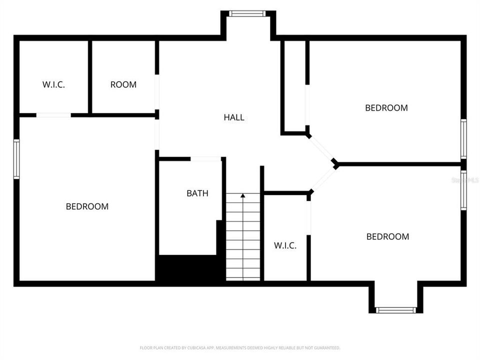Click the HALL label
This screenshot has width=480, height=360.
(234, 117)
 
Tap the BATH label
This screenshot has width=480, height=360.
(197, 193)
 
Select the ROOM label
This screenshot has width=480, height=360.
(123, 84)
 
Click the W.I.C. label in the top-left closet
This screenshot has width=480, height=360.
(53, 84)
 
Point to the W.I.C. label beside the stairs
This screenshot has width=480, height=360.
(285, 245)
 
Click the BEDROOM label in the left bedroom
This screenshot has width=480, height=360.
(87, 206)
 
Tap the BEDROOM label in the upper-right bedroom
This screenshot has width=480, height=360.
(386, 107)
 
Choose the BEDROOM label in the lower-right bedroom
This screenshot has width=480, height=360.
(387, 236)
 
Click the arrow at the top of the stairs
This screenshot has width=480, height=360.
(243, 196)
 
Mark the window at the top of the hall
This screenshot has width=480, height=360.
(248, 13)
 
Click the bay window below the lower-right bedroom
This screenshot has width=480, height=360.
(396, 310)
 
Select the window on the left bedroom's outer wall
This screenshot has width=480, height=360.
(16, 159)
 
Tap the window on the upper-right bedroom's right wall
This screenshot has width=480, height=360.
(463, 138)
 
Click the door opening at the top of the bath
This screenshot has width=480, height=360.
(206, 159)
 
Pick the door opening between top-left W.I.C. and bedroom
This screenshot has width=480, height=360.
(53, 115)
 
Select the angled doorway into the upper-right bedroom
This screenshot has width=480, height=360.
(321, 148)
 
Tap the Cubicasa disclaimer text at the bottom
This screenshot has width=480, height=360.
(240, 347)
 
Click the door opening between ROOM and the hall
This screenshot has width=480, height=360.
(157, 92)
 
